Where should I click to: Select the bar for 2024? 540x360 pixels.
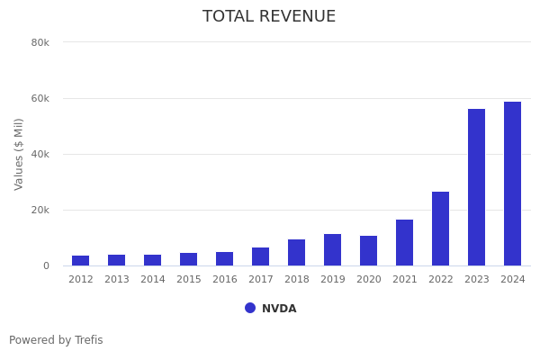coord(512,184)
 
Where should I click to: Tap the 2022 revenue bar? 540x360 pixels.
coord(440,229)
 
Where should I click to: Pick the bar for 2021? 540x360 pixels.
coord(404,243)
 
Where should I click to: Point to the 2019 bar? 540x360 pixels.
coord(332,250)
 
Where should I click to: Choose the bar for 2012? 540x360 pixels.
coord(81,261)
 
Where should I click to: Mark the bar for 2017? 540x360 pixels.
coord(260,256)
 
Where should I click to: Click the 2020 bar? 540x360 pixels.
coord(368,251)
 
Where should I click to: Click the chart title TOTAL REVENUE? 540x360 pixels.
coord(269,17)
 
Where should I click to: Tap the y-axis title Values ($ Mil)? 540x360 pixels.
coord(19,154)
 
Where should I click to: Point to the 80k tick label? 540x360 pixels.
coord(40,42)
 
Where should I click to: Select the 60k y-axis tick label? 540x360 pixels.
coord(40,98)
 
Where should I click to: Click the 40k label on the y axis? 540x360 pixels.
coord(40,154)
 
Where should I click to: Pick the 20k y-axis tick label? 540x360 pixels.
coord(40,210)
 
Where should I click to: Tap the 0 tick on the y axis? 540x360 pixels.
coord(45,265)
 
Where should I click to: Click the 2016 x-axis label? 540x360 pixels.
coord(225,280)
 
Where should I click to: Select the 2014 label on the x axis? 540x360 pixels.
coord(153,280)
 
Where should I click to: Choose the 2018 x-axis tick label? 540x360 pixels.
coord(297,280)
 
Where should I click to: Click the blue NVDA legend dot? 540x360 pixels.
coord(250,308)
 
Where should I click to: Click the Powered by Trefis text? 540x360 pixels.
coord(56,340)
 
